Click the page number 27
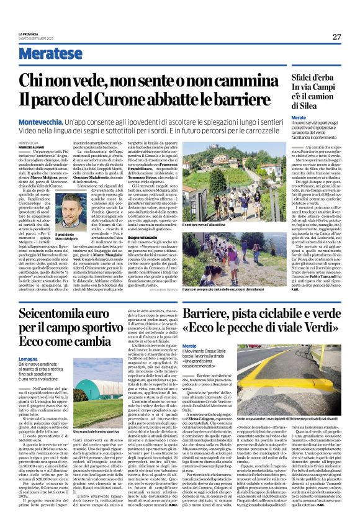[336, 37]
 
